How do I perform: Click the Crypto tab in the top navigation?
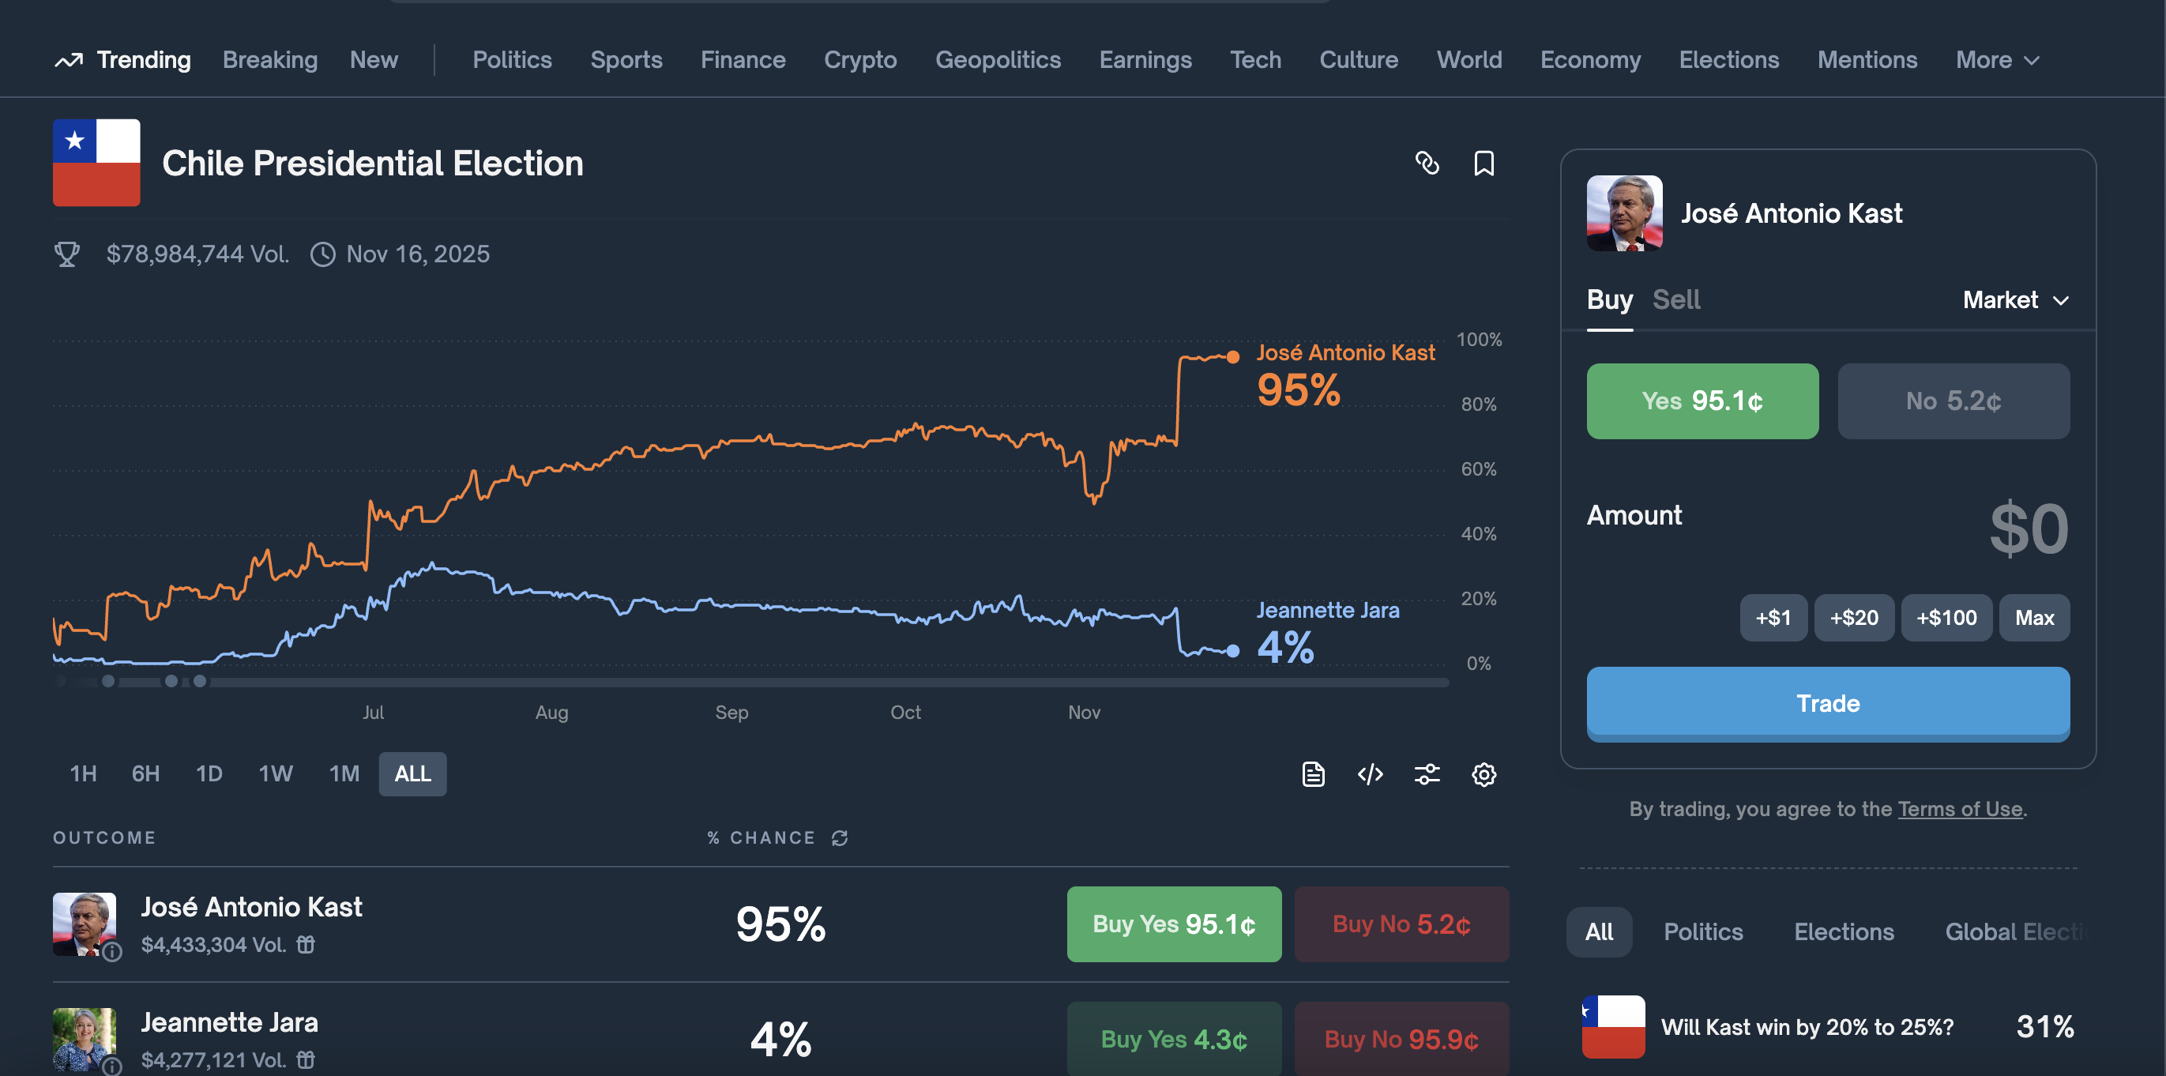click(859, 60)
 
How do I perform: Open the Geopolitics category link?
click(997, 60)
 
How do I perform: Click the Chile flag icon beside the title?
click(96, 163)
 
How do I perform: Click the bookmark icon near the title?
click(1483, 163)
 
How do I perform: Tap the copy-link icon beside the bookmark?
click(1427, 163)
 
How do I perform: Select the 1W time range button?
click(275, 773)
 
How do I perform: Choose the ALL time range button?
click(412, 773)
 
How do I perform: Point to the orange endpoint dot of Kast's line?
click(1232, 357)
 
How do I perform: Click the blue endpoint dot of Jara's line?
click(1232, 651)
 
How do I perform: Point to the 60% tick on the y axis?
click(1478, 469)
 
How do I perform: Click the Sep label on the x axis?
click(731, 713)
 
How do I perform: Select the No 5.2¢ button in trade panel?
click(1954, 401)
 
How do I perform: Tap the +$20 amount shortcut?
click(1853, 618)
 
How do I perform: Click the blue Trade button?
click(1827, 703)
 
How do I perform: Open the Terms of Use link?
click(1959, 809)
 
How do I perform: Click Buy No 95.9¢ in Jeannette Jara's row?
click(1401, 1039)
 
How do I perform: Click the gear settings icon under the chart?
click(1483, 774)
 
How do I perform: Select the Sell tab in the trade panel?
click(1675, 300)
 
